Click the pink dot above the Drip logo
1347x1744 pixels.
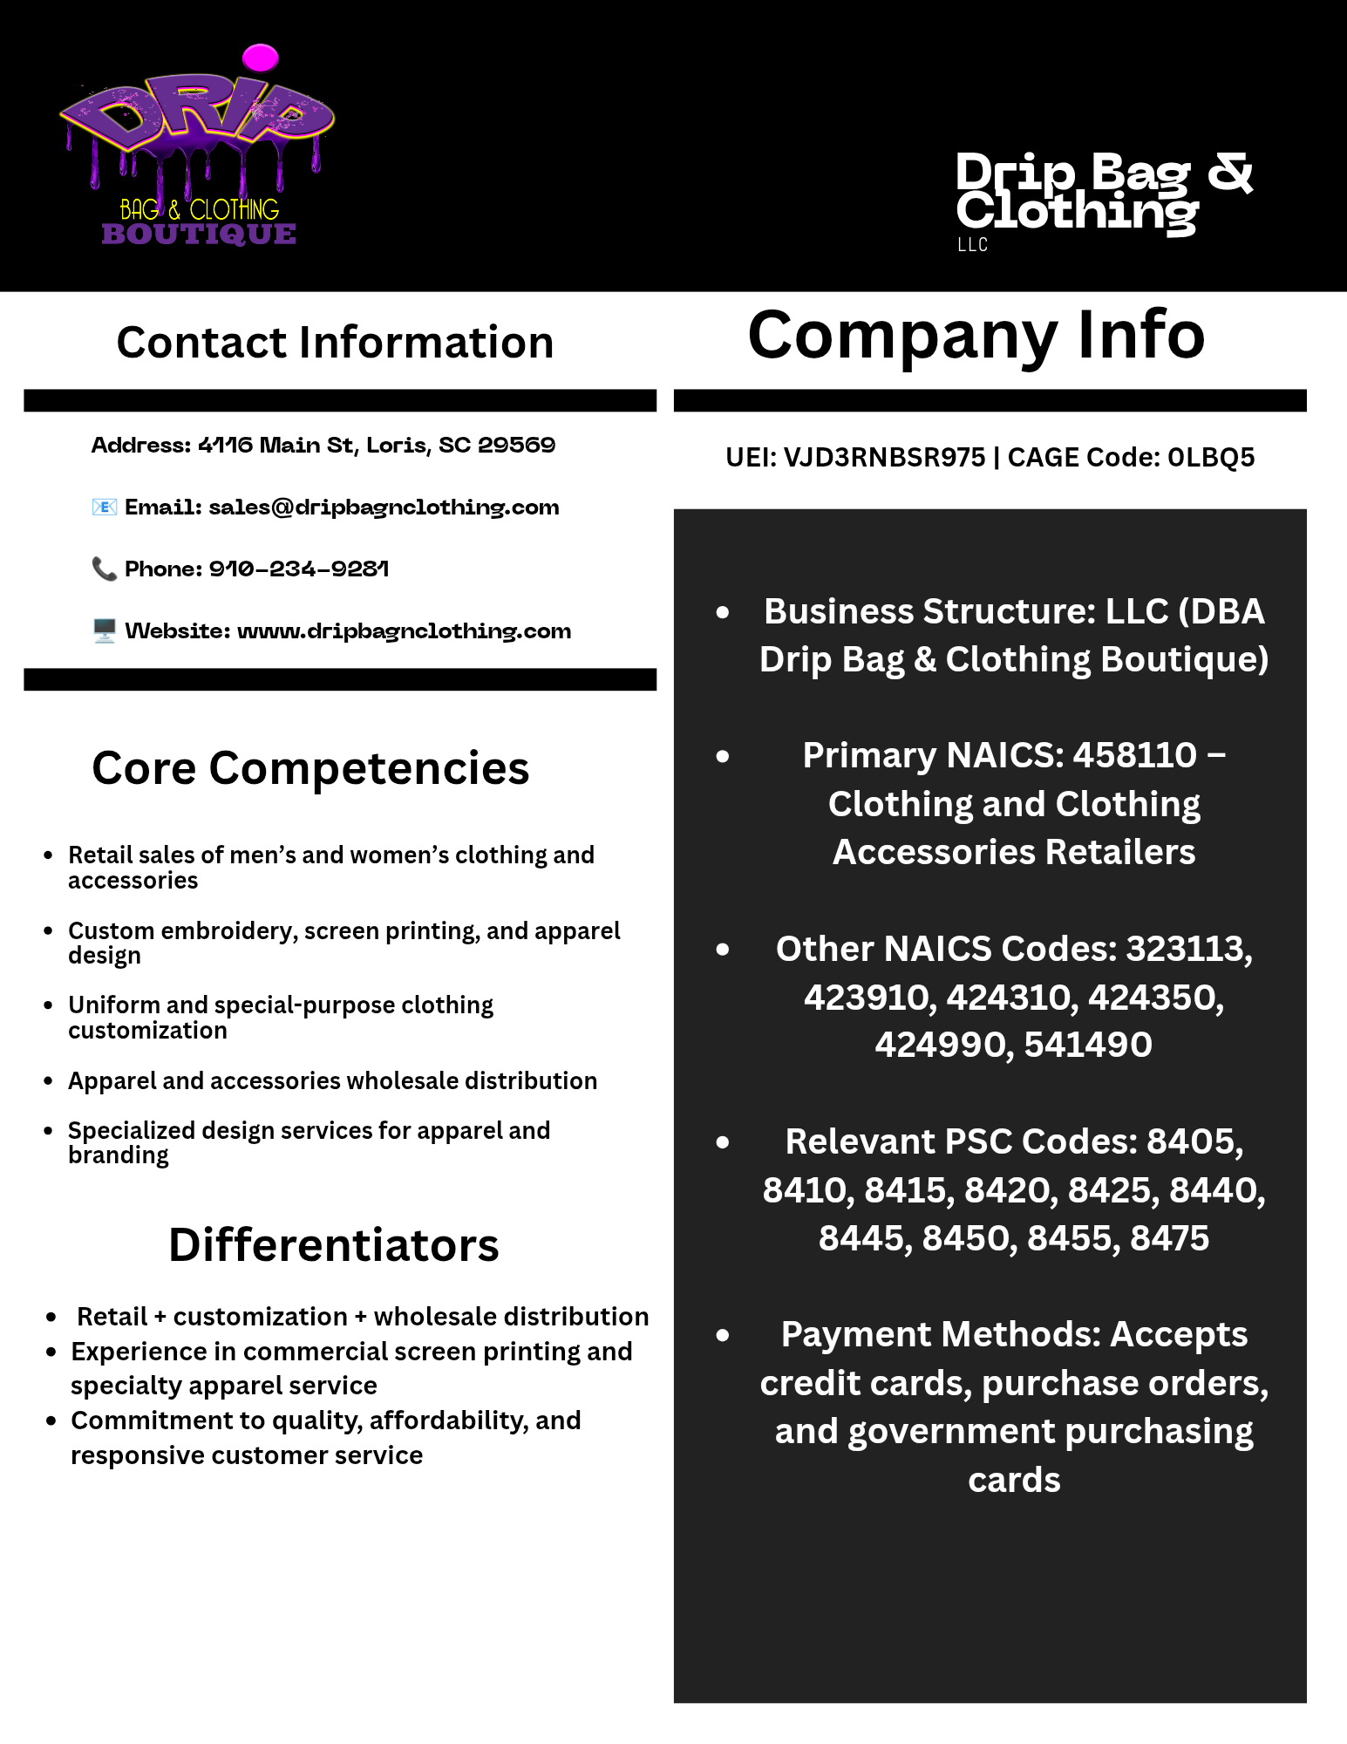click(260, 58)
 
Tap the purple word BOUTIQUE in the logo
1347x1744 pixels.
click(199, 234)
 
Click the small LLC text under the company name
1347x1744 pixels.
click(972, 245)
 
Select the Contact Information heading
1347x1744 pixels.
click(335, 342)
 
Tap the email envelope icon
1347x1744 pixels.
click(104, 507)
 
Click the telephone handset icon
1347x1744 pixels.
click(104, 569)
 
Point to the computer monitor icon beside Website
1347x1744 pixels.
click(104, 630)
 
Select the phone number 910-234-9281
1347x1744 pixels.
click(298, 569)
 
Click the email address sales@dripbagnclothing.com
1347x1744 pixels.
click(384, 508)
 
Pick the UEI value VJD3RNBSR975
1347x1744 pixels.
click(884, 457)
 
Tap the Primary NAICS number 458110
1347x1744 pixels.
click(1134, 755)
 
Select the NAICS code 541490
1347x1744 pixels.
click(1088, 1045)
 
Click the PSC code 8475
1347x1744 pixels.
click(1169, 1238)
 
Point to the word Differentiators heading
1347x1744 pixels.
click(334, 1244)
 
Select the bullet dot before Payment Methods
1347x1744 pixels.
click(722, 1335)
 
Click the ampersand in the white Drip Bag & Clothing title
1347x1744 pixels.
click(1229, 172)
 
